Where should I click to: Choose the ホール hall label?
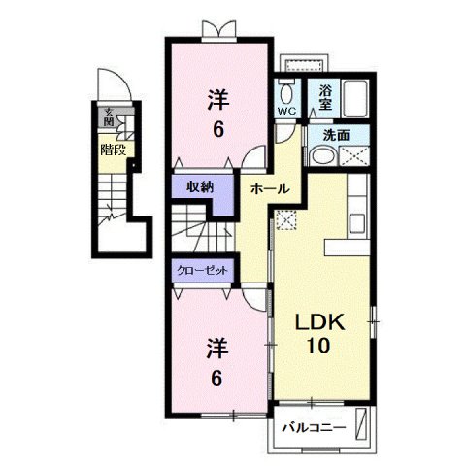pos(268,188)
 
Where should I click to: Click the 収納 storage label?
pos(200,187)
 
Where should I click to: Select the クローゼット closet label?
pos(203,271)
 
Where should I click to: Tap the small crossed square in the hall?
pos(284,221)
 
